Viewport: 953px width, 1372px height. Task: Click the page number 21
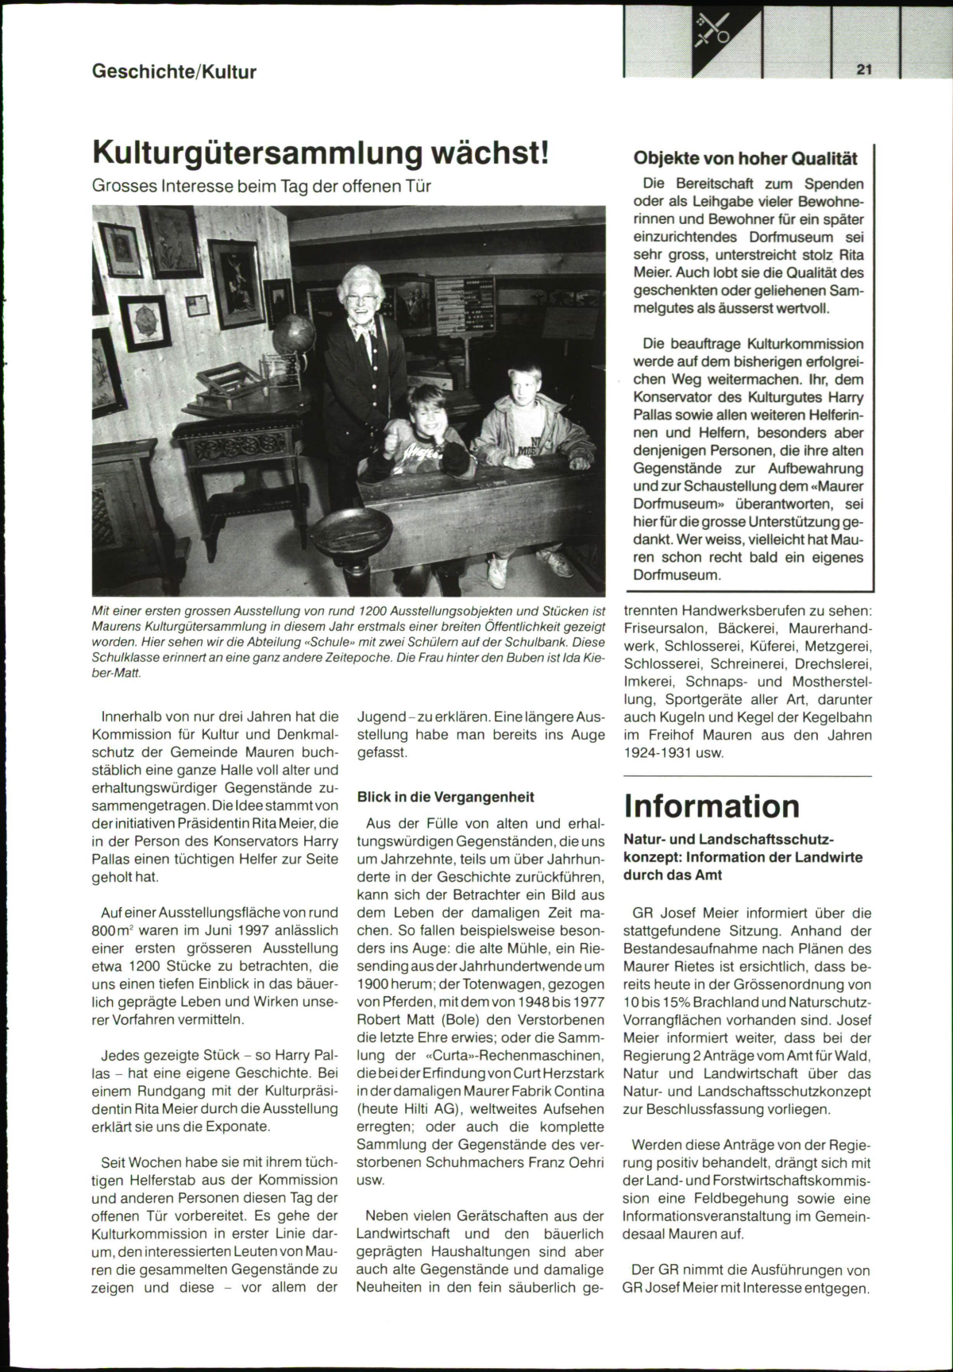[x=865, y=70]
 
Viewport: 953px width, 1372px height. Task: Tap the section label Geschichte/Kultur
[x=175, y=72]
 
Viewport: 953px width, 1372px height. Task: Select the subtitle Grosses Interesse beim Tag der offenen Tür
[x=261, y=187]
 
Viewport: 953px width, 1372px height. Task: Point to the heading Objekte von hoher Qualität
[x=745, y=157]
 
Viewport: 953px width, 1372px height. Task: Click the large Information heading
[x=712, y=806]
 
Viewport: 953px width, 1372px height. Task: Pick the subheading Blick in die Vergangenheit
[x=446, y=797]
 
